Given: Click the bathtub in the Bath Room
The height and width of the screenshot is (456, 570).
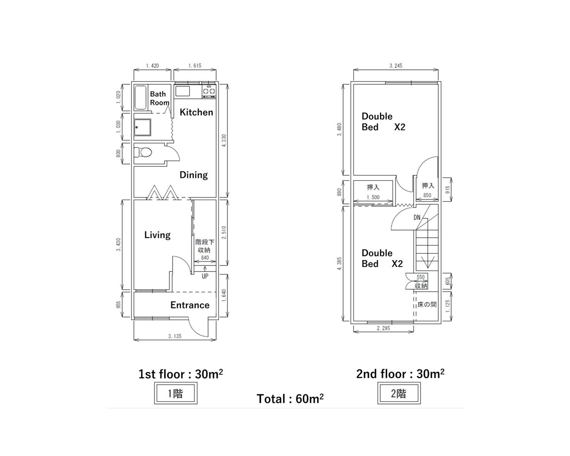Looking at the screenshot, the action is (x=140, y=98).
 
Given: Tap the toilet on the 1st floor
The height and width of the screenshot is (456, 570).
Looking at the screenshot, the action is (x=143, y=152).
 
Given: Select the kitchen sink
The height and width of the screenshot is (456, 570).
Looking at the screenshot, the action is (x=182, y=91).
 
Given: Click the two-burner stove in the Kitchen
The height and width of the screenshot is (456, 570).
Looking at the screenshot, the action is (x=209, y=91).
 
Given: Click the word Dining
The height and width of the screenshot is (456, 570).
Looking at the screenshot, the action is (x=194, y=175).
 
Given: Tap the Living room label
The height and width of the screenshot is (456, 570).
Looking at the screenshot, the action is (x=157, y=235).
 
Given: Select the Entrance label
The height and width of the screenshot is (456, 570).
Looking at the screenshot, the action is (x=190, y=305).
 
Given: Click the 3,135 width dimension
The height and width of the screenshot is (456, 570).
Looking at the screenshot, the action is (x=175, y=336).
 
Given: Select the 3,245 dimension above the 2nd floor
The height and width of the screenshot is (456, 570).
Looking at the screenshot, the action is (x=396, y=65).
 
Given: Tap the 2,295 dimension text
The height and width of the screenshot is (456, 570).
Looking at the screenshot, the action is (x=383, y=328).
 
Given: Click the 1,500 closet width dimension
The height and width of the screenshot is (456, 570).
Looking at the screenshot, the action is (x=373, y=197).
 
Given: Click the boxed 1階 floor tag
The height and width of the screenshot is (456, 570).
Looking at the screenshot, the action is (x=176, y=394).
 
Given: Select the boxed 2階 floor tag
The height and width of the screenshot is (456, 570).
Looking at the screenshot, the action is (x=399, y=394).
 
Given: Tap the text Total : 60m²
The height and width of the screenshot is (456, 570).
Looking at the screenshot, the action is (x=290, y=399).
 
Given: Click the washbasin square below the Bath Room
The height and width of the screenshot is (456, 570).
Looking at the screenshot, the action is (x=142, y=127).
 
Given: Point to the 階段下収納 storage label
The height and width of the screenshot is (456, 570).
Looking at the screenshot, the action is (x=205, y=246).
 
